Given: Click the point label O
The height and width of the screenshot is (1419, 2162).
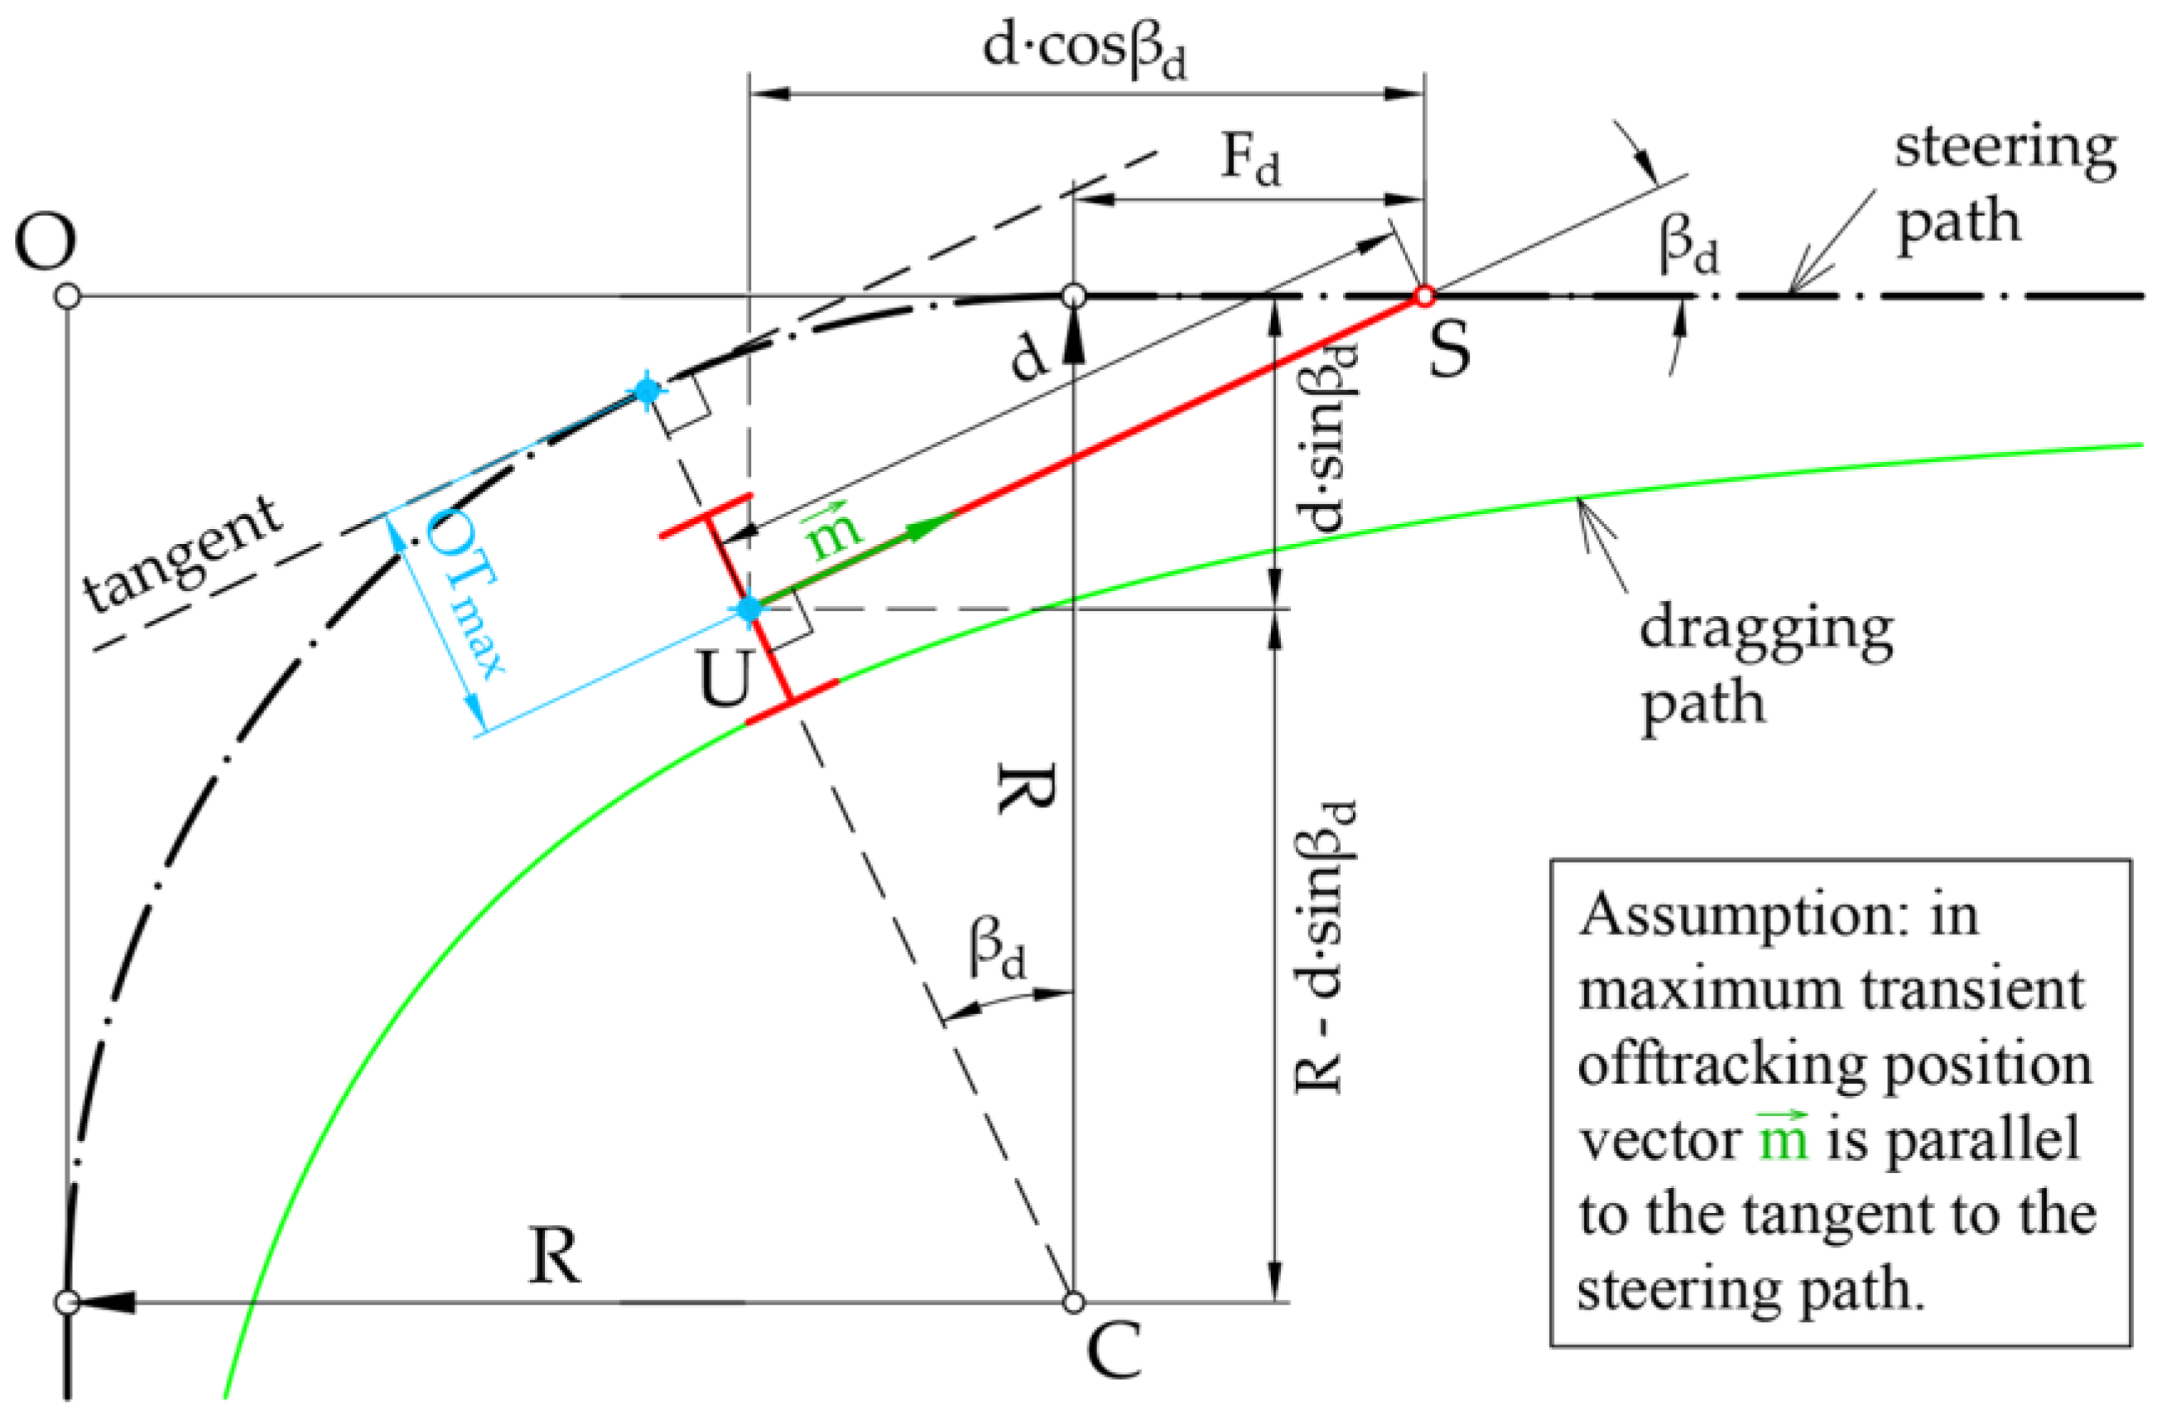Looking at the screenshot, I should pyautogui.click(x=45, y=243).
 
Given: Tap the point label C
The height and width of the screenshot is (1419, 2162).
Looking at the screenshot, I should pyautogui.click(x=1113, y=1351).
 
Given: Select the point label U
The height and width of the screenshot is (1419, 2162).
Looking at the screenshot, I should pyautogui.click(x=725, y=680).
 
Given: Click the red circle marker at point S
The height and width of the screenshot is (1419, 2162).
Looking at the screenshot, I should pyautogui.click(x=1424, y=296).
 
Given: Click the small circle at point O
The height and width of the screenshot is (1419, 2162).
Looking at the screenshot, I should pyautogui.click(x=67, y=296).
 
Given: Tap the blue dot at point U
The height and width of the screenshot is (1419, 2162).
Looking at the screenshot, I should pyautogui.click(x=749, y=609).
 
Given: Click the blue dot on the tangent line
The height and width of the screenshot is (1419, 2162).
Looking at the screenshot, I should pyautogui.click(x=647, y=392).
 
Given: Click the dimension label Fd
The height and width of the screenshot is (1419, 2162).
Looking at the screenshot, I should pyautogui.click(x=1251, y=160).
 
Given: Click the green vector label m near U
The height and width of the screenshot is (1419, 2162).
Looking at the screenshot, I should pyautogui.click(x=833, y=530).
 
